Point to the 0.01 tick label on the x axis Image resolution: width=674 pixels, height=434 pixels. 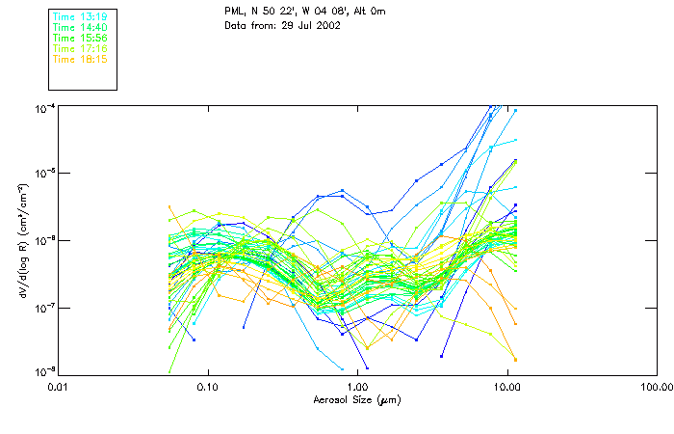tap(58, 388)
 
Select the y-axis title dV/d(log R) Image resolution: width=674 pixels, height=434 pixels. tap(21, 241)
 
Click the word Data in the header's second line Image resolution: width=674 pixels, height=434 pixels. tap(235, 26)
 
